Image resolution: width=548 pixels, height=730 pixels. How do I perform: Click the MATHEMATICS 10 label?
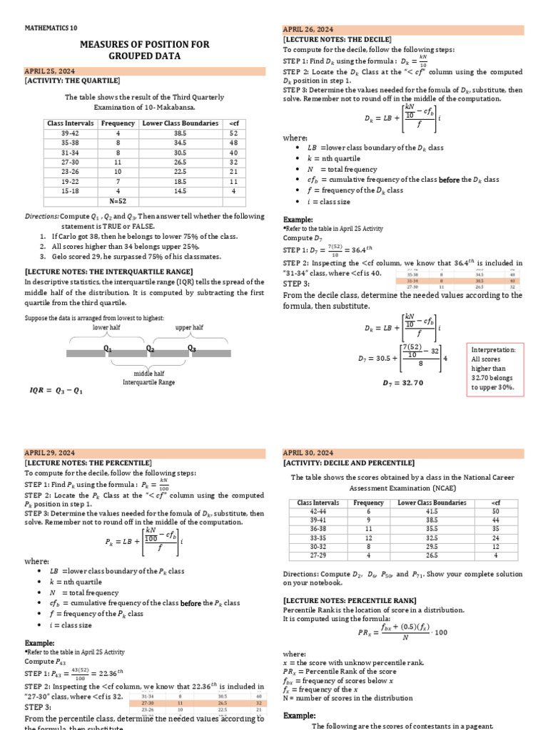point(51,29)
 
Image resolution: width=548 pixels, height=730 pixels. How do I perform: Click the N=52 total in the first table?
point(118,201)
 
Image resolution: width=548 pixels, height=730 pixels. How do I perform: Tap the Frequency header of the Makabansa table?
point(118,123)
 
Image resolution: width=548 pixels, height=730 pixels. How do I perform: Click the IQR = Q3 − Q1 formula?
point(56,390)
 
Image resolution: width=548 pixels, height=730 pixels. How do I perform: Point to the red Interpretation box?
point(493,369)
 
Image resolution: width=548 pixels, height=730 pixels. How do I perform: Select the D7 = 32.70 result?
point(403,383)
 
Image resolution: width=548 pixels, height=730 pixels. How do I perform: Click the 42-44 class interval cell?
point(319,512)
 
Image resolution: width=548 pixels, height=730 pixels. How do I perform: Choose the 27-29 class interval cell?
point(319,555)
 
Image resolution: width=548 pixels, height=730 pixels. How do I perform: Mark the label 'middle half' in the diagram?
point(149,373)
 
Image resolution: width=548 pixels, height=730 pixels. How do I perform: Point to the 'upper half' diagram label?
point(189,327)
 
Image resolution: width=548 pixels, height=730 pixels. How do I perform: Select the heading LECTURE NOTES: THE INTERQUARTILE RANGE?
point(108,272)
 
